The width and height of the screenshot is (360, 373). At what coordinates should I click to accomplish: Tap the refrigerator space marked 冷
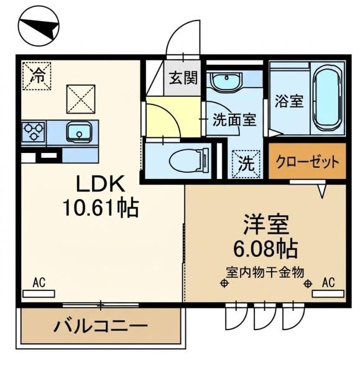point(37,76)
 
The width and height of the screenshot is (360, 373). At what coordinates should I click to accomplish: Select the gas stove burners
point(34,132)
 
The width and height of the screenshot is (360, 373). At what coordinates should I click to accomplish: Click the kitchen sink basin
point(79,132)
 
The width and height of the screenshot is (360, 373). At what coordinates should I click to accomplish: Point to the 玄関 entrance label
point(183,78)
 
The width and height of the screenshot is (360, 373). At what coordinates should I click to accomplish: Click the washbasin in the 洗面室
point(227,81)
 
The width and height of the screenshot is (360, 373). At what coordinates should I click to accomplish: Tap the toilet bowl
point(189,160)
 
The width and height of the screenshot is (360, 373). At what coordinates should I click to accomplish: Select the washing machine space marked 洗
point(246,164)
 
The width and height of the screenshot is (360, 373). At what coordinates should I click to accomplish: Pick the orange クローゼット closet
point(307,161)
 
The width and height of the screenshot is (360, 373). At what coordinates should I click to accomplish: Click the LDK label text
point(100,183)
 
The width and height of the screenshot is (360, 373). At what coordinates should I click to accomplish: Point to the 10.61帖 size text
point(101,208)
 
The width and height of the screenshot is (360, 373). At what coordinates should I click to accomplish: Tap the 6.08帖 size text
point(265,249)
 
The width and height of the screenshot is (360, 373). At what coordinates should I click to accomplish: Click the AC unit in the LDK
point(39,294)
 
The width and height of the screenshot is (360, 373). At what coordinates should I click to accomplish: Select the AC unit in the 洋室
point(328,294)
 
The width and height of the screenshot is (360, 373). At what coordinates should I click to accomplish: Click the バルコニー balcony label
point(101,325)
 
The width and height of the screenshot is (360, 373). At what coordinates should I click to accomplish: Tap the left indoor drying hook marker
point(224,283)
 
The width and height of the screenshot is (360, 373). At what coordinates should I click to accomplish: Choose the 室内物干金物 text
point(265,272)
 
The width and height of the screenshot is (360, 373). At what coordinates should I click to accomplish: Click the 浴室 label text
point(289,101)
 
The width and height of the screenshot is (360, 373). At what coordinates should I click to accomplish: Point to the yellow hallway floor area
point(172,117)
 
